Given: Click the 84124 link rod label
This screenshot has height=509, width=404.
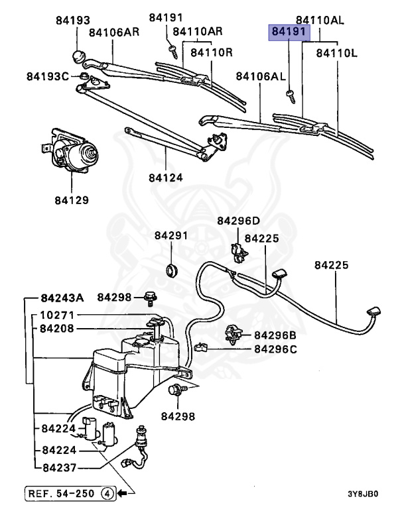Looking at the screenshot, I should coord(166,178).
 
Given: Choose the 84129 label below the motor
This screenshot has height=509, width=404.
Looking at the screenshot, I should coord(72,199).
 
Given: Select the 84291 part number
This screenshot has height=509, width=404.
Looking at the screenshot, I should coord(172,235).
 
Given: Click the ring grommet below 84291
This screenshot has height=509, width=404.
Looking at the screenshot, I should coord(172,270).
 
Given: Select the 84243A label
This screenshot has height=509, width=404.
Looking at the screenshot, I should coord(62,297).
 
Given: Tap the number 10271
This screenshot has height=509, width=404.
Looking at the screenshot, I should coord(57,315).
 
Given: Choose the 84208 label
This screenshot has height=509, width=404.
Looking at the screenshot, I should coord(57,328).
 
